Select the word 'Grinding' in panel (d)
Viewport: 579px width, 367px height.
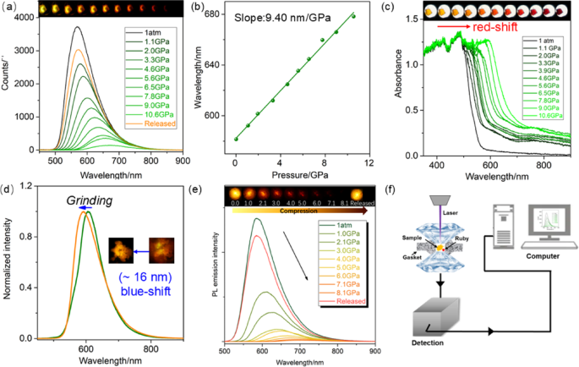pos(85,200)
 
